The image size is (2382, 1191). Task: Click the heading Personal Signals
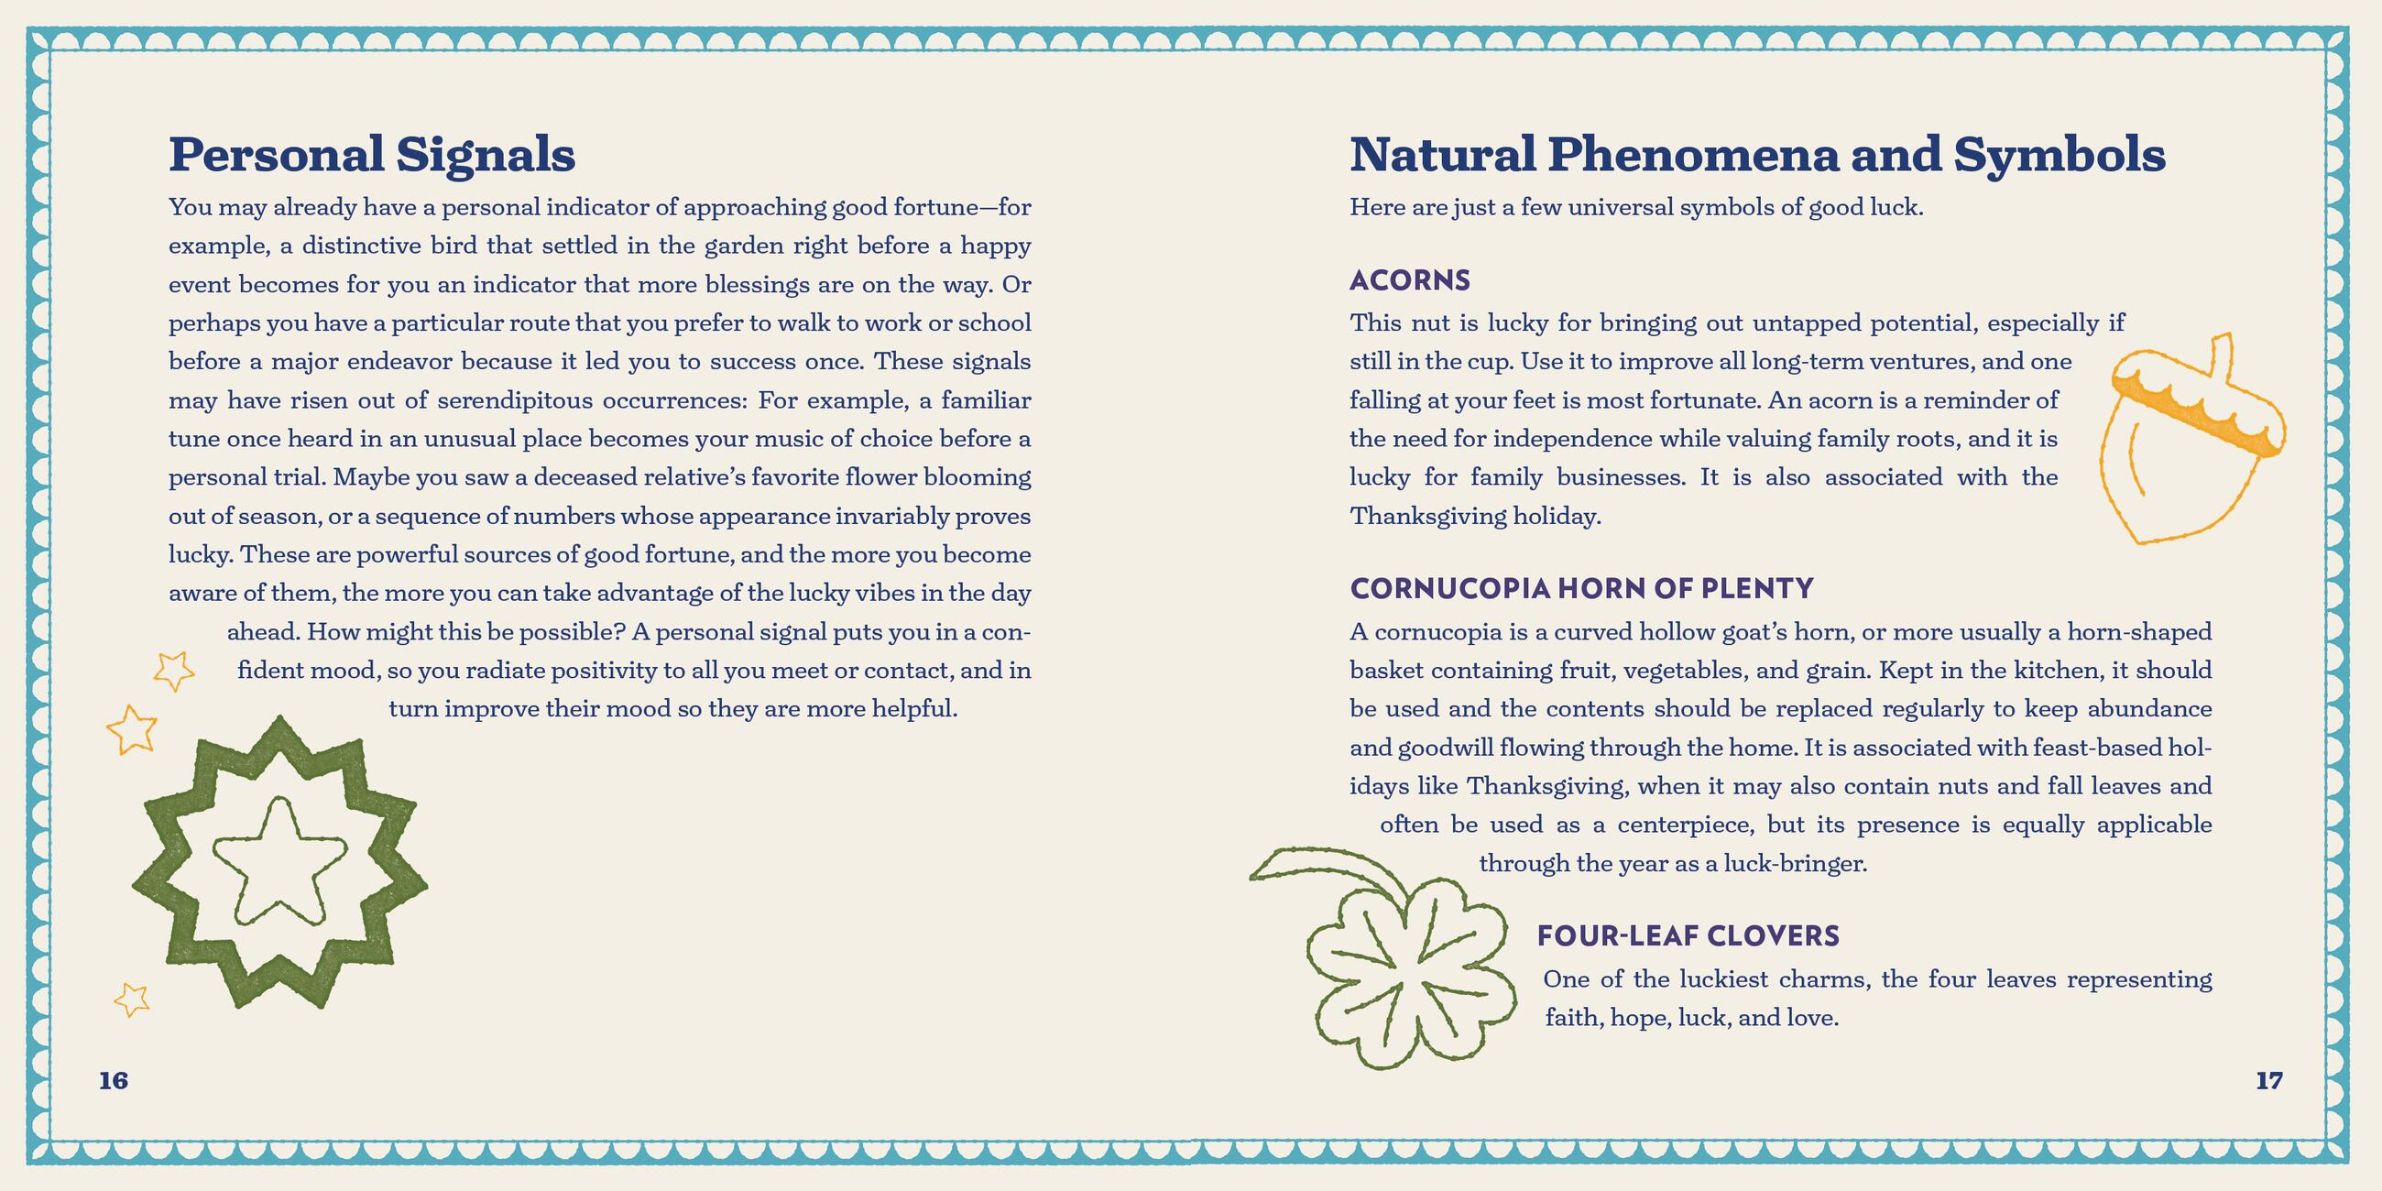tap(372, 155)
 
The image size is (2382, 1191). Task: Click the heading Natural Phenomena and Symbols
tap(1757, 155)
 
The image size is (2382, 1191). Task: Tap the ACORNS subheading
tap(1409, 280)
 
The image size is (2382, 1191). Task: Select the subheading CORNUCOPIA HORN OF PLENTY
tap(1581, 588)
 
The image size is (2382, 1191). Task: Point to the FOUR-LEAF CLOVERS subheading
tap(1688, 935)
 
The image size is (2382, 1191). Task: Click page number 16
tap(114, 1080)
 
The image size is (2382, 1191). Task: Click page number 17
tap(2268, 1080)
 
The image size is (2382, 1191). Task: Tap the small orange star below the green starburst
tap(131, 999)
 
